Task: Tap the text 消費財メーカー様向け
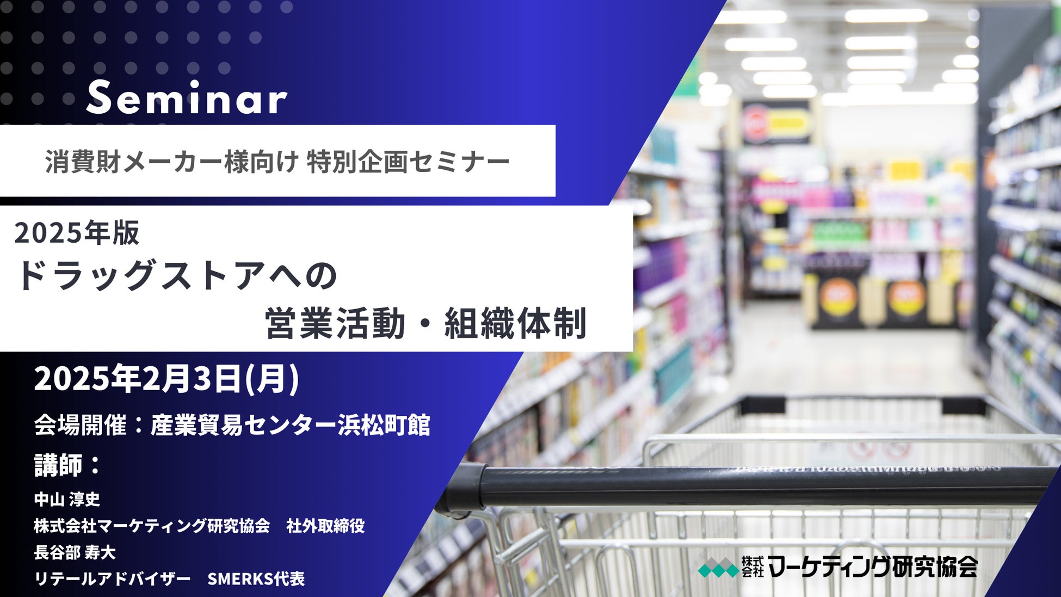(x=172, y=162)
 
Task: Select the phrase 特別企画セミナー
(x=409, y=162)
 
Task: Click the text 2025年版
(x=77, y=233)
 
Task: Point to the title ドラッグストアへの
(x=177, y=275)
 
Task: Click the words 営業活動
(x=335, y=323)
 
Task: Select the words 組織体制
(x=515, y=323)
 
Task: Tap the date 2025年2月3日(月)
(x=166, y=379)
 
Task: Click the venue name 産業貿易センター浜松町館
(x=290, y=425)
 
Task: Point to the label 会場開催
(x=80, y=425)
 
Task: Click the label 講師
(x=57, y=465)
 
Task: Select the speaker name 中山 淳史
(x=67, y=499)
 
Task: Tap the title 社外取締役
(x=325, y=526)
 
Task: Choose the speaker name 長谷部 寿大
(x=75, y=552)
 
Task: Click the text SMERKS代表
(x=256, y=578)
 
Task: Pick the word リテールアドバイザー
(x=112, y=578)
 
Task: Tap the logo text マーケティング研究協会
(x=874, y=567)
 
